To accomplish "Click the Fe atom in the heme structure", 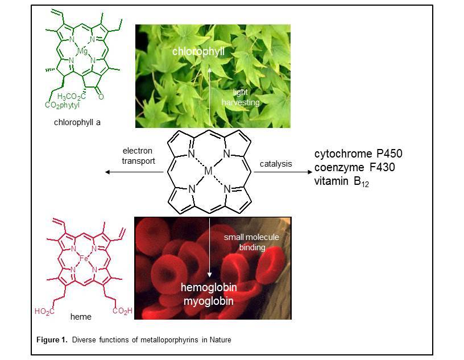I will (84, 259).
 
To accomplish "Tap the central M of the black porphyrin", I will (209, 171).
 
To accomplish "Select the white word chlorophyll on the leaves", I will (199, 52).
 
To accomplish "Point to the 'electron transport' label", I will (139, 156).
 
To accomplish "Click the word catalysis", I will (276, 164).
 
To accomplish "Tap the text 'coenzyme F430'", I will (354, 168).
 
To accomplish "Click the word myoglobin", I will (208, 301).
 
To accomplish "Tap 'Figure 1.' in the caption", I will (53, 340).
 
